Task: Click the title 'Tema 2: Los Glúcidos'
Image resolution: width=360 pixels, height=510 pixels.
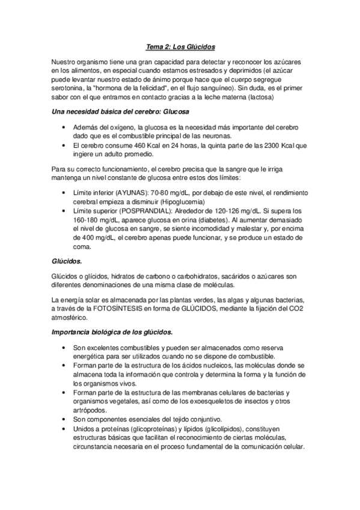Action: [x=180, y=45]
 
